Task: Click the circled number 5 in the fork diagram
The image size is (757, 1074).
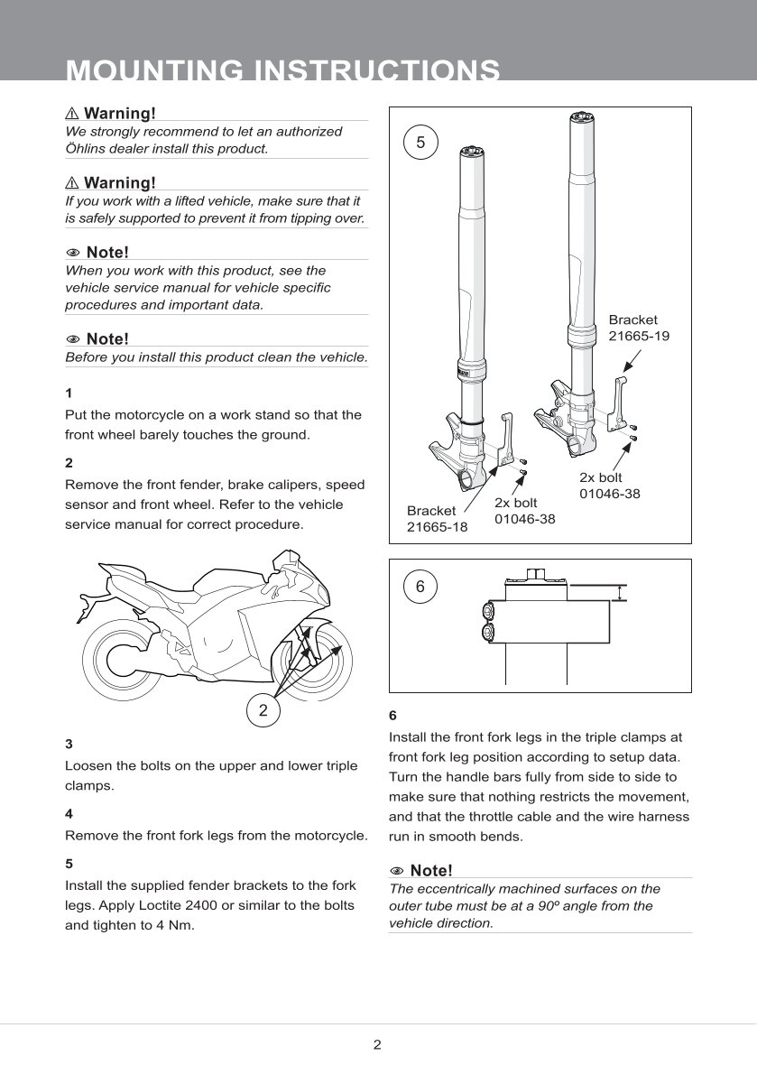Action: click(420, 142)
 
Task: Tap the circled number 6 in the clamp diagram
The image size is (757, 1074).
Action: click(420, 587)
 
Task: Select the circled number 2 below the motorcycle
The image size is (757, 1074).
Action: click(263, 709)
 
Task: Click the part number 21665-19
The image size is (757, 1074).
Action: click(639, 336)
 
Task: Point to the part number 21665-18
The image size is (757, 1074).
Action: click(437, 527)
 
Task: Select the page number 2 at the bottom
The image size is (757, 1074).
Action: click(377, 1045)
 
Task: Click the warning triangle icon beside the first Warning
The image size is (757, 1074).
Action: click(72, 114)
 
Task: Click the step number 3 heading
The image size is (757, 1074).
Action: click(69, 745)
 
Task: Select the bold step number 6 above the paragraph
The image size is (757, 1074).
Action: click(392, 716)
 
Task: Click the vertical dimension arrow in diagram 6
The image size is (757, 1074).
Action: click(620, 593)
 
